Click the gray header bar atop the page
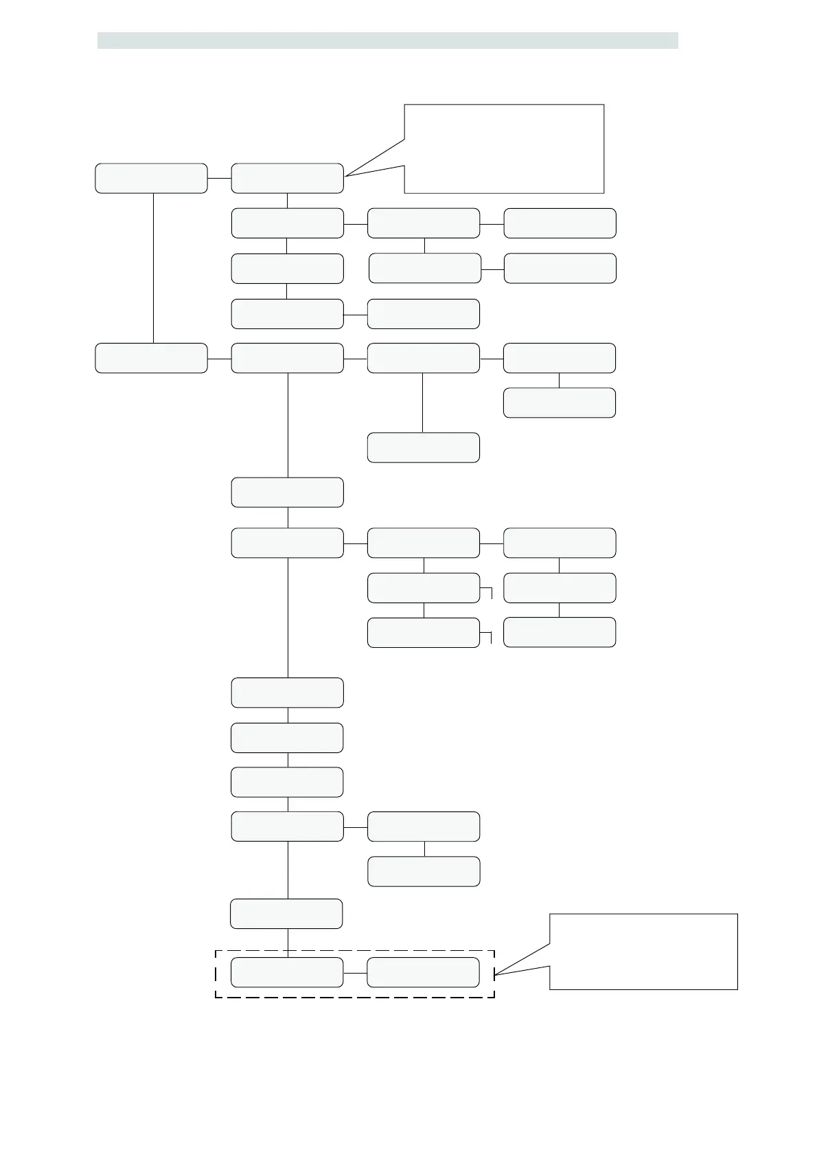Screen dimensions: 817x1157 [x=387, y=41]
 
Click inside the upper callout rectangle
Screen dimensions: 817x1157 [x=504, y=148]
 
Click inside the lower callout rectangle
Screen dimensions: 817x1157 [x=643, y=952]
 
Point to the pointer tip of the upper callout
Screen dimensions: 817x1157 [x=345, y=177]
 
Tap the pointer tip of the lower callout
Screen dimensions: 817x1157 [x=494, y=974]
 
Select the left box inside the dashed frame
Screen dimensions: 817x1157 [x=287, y=972]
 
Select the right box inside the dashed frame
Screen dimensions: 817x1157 [x=423, y=972]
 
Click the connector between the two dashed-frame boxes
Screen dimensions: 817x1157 [x=355, y=973]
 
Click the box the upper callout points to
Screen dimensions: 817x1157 [x=287, y=178]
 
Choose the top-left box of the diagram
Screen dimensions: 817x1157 [x=151, y=178]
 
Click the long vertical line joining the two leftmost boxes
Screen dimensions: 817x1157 [x=153, y=268]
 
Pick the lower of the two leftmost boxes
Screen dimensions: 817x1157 [x=151, y=358]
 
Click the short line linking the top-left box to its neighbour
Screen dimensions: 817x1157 [x=219, y=178]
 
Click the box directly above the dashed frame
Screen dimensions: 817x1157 [x=286, y=914]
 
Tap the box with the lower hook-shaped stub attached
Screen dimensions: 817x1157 [x=423, y=632]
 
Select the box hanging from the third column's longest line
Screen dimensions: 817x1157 [x=423, y=447]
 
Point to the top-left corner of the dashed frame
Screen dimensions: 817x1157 [x=216, y=951]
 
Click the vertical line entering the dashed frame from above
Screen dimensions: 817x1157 [x=288, y=943]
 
